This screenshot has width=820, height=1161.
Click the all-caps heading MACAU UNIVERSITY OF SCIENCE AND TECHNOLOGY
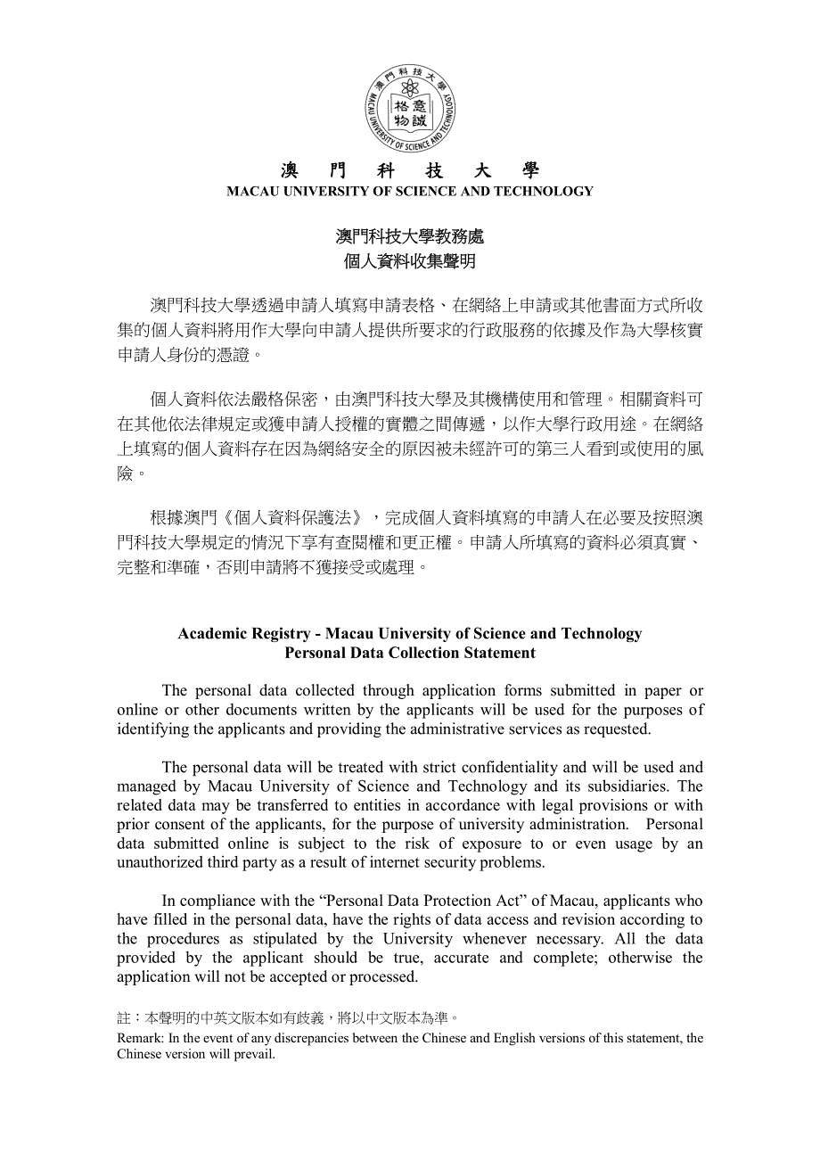410,191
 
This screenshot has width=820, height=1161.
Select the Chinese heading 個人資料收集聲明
410,261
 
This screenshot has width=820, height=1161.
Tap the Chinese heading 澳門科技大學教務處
410,236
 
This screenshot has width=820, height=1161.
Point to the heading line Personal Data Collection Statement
410,653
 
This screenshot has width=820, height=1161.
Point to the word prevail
257,1054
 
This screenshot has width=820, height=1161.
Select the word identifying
152,729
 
